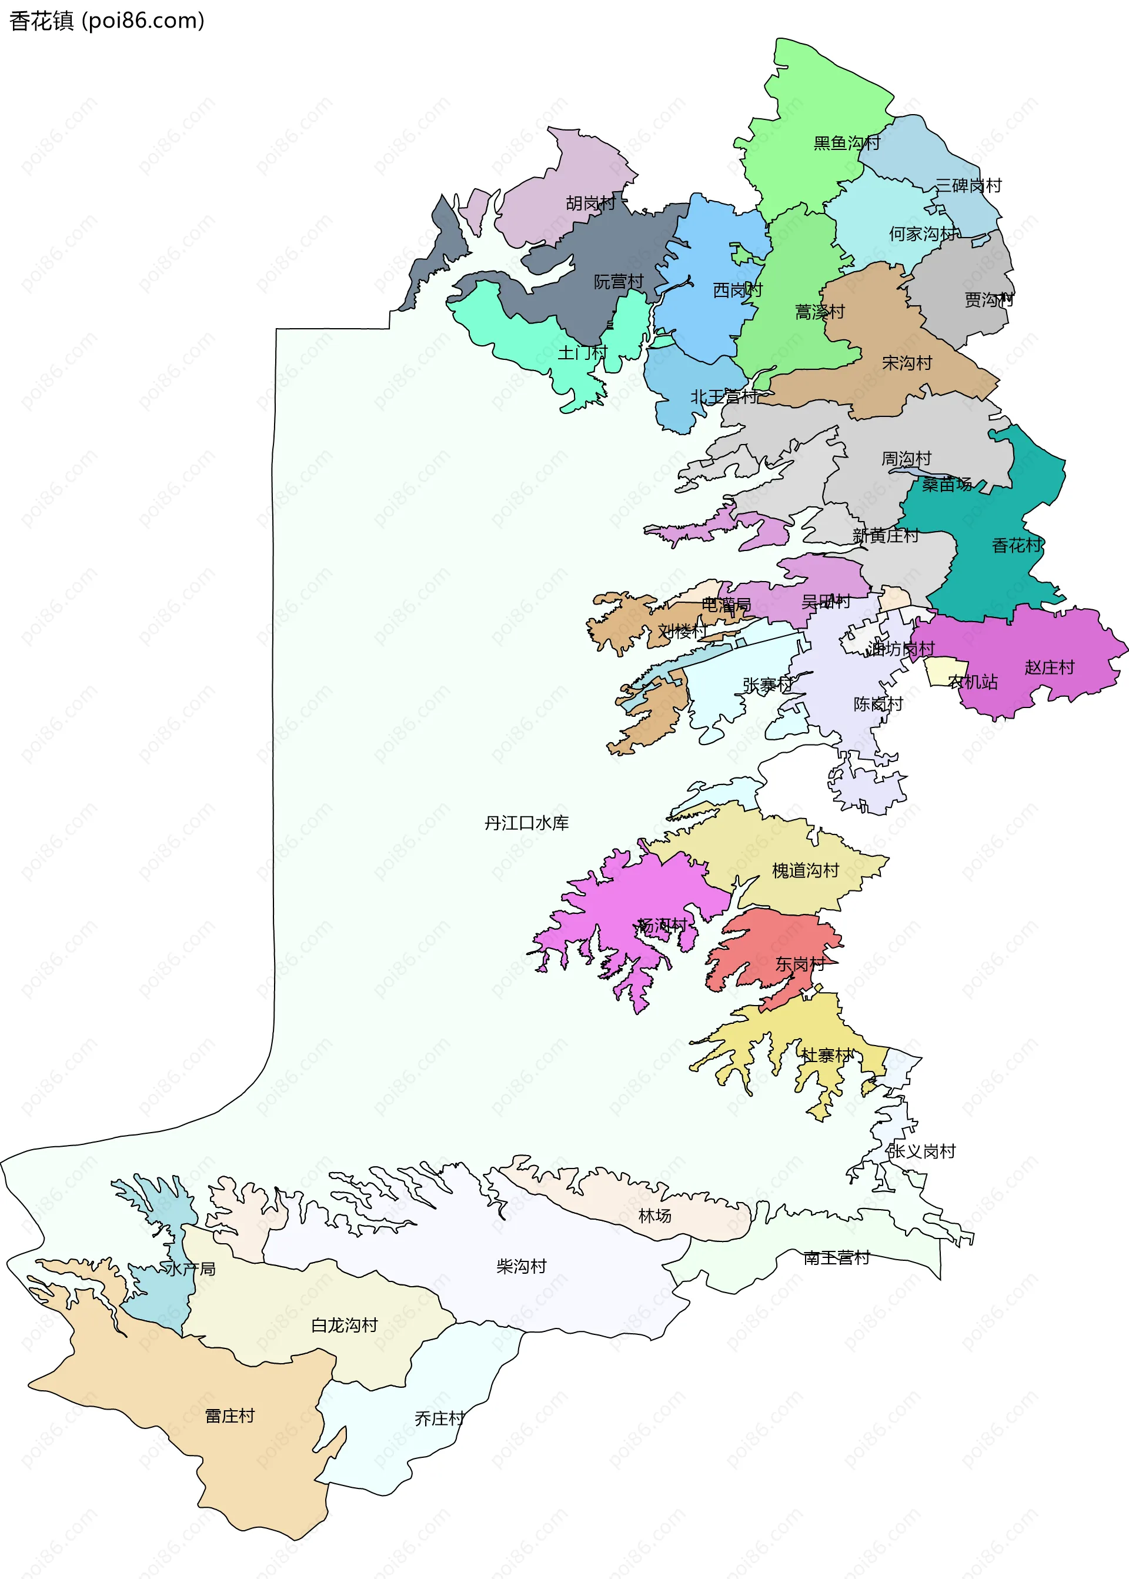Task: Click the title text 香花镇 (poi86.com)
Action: (x=106, y=21)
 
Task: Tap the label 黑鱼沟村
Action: (x=847, y=143)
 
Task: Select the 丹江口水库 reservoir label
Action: (x=526, y=823)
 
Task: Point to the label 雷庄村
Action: (x=230, y=1416)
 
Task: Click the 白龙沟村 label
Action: (x=344, y=1325)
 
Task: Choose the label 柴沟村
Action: (x=522, y=1267)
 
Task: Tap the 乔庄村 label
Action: (x=439, y=1418)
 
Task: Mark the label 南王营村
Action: (x=836, y=1258)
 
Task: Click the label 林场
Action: (x=655, y=1216)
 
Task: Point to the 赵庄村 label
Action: (x=1050, y=667)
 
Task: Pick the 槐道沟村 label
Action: (x=806, y=870)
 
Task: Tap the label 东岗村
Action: (x=800, y=964)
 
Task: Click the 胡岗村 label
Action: (x=591, y=203)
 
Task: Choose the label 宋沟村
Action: (x=907, y=363)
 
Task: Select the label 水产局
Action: (x=191, y=1269)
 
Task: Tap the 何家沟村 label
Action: (x=923, y=234)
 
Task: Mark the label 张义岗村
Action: (x=921, y=1151)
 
